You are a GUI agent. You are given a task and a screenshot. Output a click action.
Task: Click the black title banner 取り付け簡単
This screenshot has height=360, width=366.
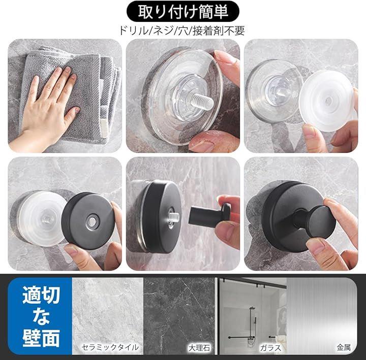(183, 11)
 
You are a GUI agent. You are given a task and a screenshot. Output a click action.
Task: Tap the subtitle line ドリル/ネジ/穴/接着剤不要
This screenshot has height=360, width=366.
(182, 30)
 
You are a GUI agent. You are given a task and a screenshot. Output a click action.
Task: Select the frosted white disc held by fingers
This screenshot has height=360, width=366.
(326, 101)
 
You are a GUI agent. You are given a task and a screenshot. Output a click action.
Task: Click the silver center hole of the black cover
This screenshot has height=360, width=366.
(91, 221)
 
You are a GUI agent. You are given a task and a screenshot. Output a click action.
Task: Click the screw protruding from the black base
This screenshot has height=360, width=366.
(173, 217)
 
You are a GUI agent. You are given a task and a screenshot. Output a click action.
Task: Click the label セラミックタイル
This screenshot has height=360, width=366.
(110, 347)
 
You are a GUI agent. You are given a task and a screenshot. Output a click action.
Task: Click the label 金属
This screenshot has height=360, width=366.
(343, 347)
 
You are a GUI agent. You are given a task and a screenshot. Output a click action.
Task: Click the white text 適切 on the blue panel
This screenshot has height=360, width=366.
(41, 296)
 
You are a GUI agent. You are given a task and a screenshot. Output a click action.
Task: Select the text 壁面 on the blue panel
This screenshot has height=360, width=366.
(41, 338)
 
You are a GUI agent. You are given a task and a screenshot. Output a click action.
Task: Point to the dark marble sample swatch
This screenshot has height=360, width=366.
(179, 316)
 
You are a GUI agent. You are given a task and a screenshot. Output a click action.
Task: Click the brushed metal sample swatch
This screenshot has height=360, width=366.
(322, 316)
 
